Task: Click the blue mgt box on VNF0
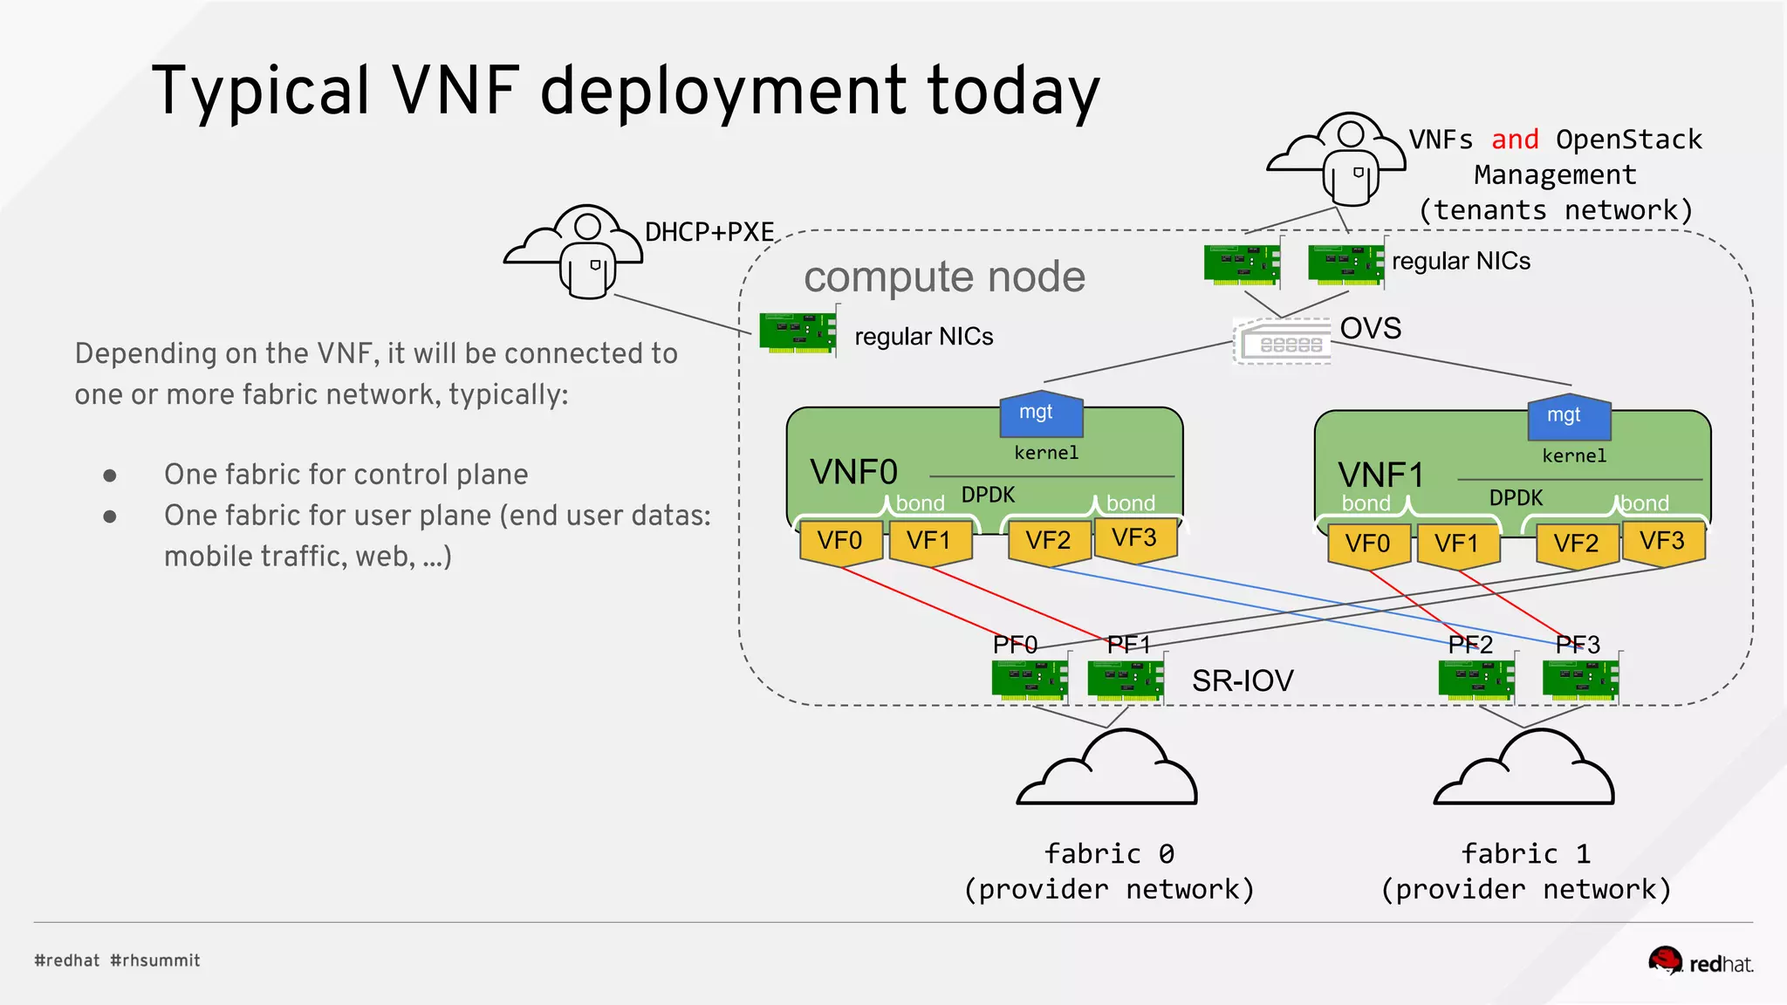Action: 1040,415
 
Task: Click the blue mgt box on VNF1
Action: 1568,418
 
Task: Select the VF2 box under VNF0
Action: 1048,542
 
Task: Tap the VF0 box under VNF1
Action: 1367,545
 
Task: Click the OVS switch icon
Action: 1283,341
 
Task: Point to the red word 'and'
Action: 1514,140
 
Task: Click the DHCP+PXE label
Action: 709,232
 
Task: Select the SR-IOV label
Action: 1242,680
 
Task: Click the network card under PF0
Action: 1030,680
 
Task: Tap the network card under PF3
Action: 1580,680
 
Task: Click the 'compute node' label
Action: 944,277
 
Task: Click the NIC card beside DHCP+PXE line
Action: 798,332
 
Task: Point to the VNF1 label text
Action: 1380,475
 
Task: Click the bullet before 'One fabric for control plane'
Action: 110,475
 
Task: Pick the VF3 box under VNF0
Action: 1133,539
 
